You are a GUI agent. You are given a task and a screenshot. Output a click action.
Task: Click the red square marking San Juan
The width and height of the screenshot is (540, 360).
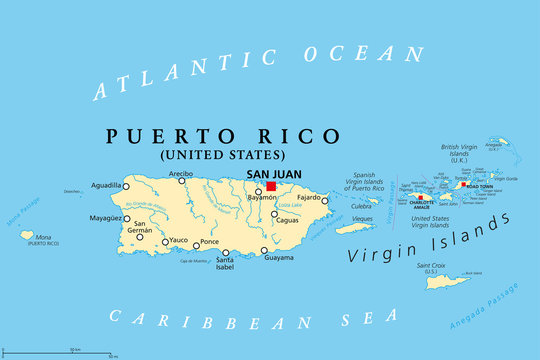[x=271, y=186]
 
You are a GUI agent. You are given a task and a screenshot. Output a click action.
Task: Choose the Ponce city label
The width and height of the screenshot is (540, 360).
[x=209, y=242]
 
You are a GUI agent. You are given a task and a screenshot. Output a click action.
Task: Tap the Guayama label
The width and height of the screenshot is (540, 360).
[x=278, y=258]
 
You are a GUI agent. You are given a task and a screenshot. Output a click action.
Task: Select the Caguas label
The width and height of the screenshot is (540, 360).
[x=287, y=218]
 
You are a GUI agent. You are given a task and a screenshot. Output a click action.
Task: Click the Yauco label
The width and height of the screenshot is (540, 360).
[x=179, y=241]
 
